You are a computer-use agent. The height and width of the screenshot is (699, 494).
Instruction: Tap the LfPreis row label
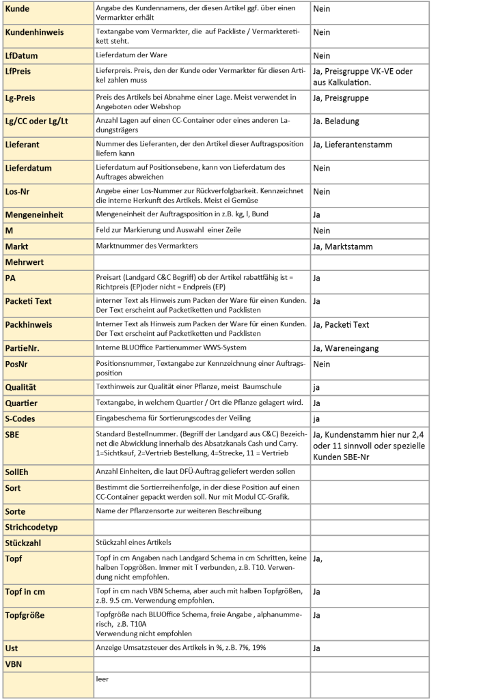point(22,70)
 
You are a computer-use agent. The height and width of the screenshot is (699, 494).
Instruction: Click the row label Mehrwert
point(25,261)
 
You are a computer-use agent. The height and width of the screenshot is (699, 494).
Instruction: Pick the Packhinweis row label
point(29,324)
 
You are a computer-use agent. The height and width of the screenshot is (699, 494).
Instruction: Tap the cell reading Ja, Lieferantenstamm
point(353,144)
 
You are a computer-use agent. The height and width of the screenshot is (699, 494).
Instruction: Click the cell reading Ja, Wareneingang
point(346,348)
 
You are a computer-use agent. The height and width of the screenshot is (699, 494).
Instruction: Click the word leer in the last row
point(102,680)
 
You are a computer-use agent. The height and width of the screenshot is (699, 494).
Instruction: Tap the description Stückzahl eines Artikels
point(134,542)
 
